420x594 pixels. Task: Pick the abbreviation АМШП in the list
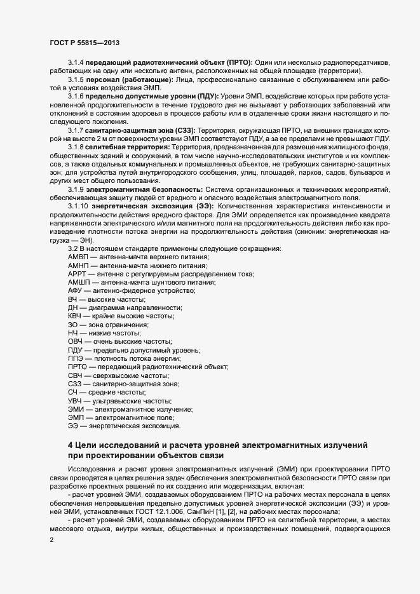pos(79,281)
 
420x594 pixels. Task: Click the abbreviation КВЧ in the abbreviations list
pos(76,316)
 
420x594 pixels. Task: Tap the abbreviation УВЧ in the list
pos(76,402)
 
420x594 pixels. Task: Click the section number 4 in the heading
pos(71,445)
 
